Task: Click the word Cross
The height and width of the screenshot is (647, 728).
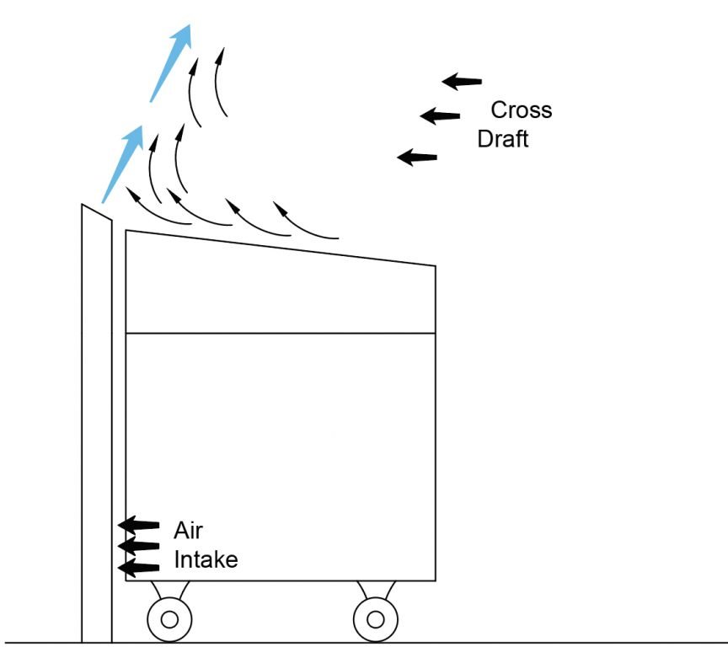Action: (x=522, y=110)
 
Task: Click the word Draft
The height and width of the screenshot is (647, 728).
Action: (x=503, y=139)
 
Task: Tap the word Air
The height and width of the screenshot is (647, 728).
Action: (x=188, y=531)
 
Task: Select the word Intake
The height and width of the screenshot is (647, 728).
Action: (x=206, y=559)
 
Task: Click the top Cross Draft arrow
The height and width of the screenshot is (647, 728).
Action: (x=462, y=82)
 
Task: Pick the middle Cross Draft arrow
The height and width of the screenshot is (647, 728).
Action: (x=440, y=115)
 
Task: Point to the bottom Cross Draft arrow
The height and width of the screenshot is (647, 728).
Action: (x=417, y=157)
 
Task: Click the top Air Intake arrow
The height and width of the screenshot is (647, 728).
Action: (x=138, y=526)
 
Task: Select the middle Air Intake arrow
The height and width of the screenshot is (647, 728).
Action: (x=138, y=547)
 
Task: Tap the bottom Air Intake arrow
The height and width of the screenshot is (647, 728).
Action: (x=138, y=569)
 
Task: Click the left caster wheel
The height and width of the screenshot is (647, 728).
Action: (x=169, y=620)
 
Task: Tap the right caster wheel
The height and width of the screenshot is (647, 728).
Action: (x=376, y=620)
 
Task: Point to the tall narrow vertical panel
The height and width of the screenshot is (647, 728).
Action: (x=97, y=421)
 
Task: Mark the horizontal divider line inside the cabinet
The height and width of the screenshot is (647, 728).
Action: (x=280, y=334)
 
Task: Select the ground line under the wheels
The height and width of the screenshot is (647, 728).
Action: (x=506, y=643)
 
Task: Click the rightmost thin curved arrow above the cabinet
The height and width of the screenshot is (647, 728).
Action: (x=304, y=221)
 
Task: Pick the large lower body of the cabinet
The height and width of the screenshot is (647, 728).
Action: (x=280, y=455)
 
